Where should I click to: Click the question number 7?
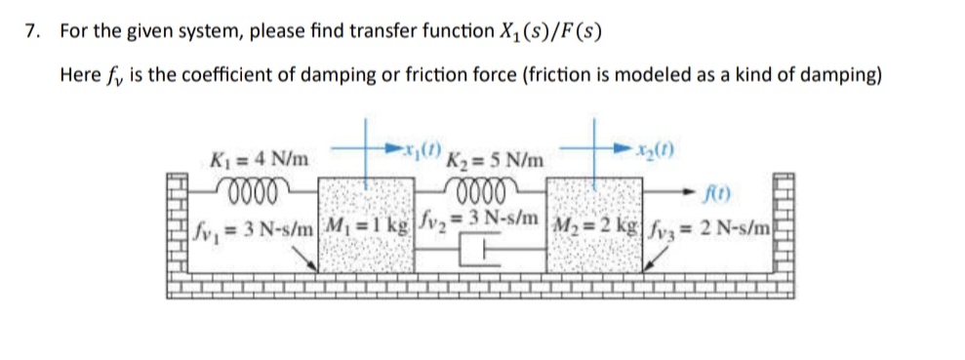pos(33,30)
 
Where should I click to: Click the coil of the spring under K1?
pos(254,184)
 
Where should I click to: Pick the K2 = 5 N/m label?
pos(497,159)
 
